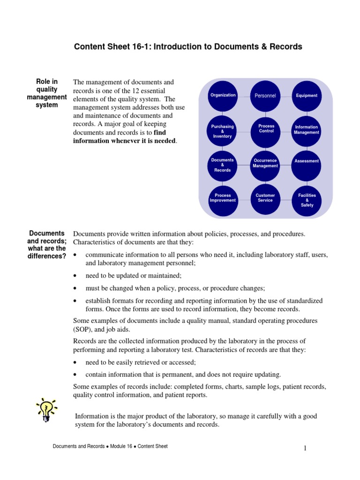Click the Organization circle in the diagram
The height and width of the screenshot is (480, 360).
(x=223, y=96)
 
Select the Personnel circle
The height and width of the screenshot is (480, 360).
(x=265, y=96)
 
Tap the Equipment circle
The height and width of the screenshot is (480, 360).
(x=307, y=96)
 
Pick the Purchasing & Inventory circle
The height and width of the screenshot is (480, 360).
(x=223, y=131)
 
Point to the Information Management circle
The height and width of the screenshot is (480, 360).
(x=307, y=130)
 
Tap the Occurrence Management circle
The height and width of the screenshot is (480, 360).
(x=265, y=164)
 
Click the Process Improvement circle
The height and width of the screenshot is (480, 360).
(x=223, y=198)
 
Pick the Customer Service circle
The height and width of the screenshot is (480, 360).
(x=265, y=198)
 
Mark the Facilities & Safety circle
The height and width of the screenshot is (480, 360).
(x=307, y=200)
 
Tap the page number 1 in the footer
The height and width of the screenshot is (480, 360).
(x=305, y=449)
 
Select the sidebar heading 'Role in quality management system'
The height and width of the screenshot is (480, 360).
(x=47, y=93)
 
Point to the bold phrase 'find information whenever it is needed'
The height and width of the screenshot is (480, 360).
(x=125, y=137)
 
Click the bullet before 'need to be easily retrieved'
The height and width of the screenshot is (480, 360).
(x=75, y=363)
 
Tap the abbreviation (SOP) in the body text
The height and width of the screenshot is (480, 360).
(x=83, y=330)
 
